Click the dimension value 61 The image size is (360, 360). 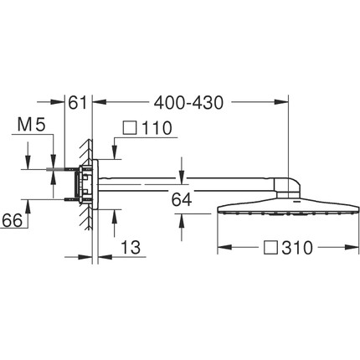tap(78, 103)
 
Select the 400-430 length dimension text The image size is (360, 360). tap(187, 103)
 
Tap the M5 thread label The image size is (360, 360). tap(29, 126)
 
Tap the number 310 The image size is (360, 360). tap(297, 248)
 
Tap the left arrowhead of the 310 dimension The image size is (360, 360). tap(222, 248)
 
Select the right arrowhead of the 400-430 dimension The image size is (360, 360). tap(284, 103)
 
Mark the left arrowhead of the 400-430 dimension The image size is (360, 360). tap(95, 103)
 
